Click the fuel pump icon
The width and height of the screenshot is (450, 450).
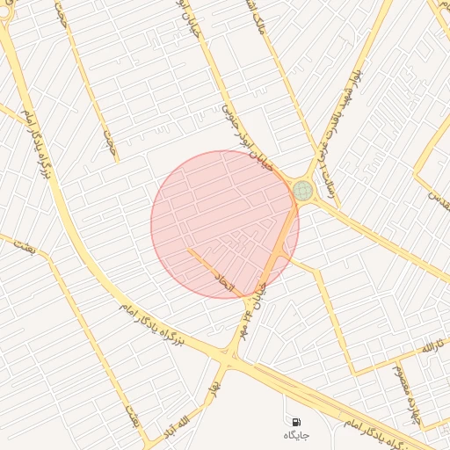(296, 423)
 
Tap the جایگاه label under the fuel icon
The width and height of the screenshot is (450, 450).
(296, 436)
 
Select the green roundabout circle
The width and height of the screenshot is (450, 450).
(303, 190)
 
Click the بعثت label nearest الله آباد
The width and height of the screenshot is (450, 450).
(133, 416)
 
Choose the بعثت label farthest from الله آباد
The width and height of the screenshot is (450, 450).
(25, 246)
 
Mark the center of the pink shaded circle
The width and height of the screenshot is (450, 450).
(224, 224)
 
